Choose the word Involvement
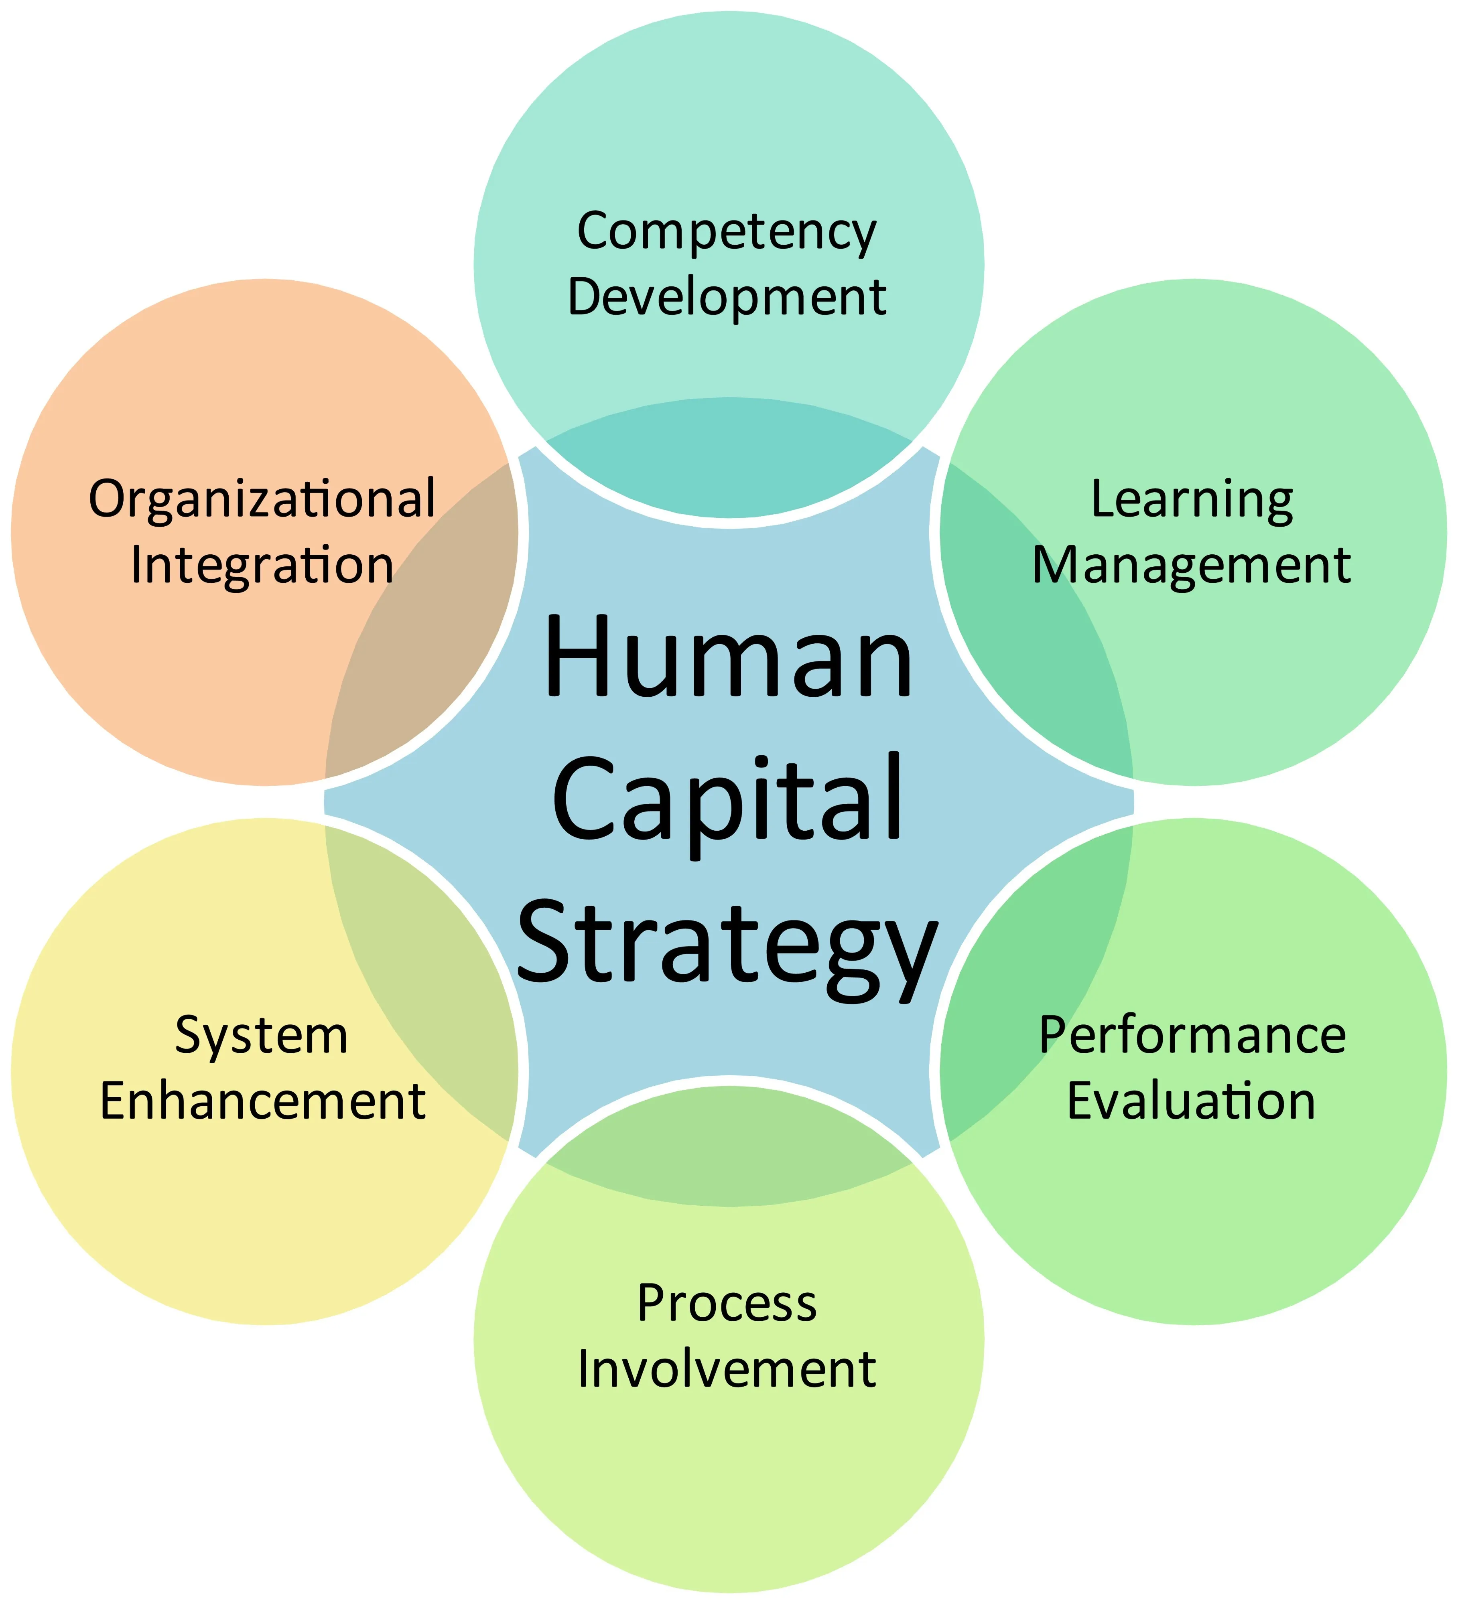[727, 1369]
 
